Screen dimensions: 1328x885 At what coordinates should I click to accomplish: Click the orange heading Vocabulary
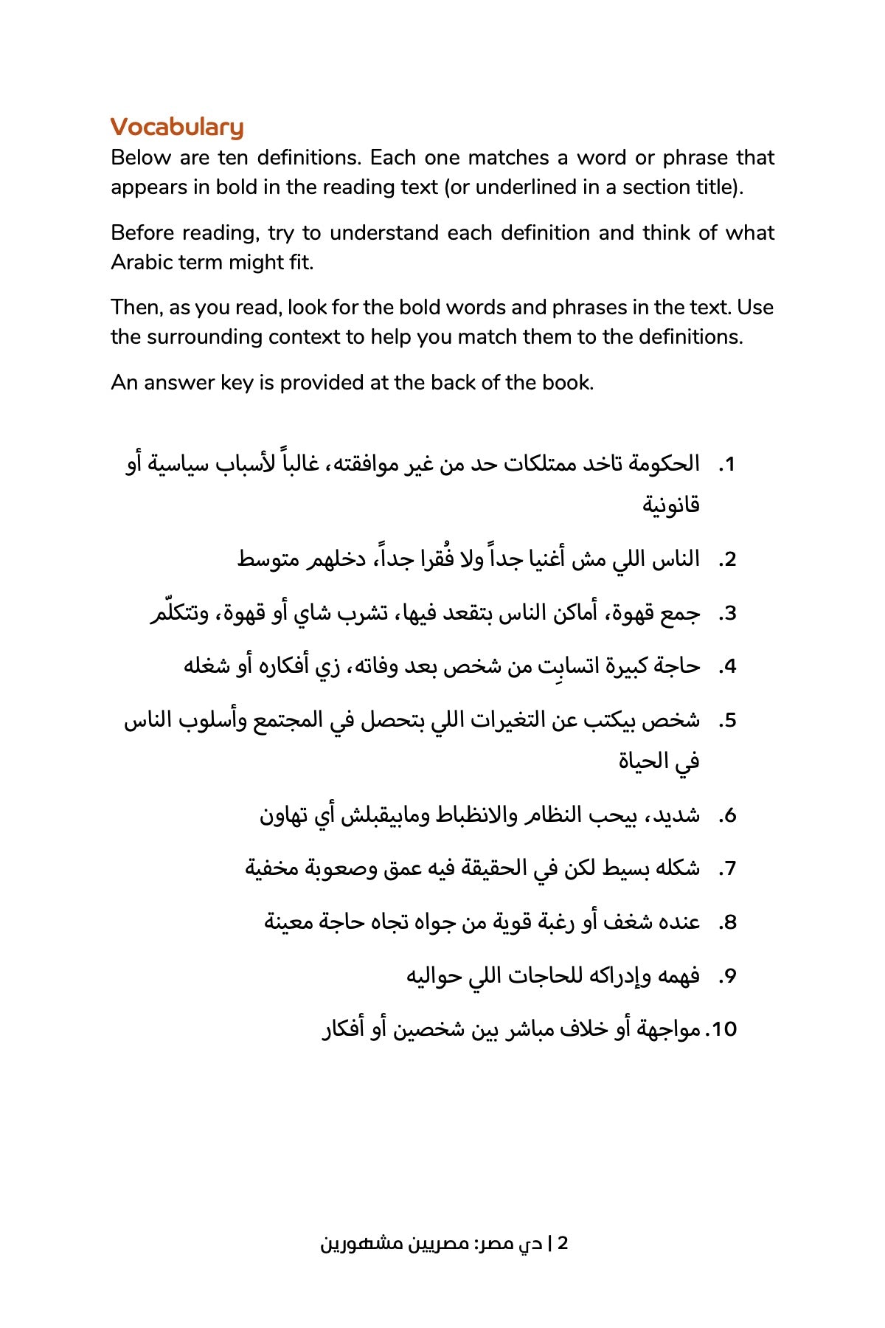click(177, 127)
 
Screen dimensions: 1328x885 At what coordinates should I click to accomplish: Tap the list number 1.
click(728, 465)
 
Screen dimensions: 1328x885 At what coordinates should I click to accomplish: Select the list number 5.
click(728, 721)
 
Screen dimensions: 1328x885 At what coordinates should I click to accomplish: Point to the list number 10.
click(722, 1029)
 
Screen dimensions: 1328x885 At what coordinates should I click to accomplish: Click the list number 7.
click(728, 869)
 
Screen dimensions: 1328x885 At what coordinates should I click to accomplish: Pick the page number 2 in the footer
click(563, 1243)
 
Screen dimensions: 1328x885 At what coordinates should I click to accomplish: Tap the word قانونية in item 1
click(670, 505)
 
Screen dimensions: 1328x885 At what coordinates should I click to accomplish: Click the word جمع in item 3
click(680, 613)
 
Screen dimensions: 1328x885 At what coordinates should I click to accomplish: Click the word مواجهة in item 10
click(663, 1029)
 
